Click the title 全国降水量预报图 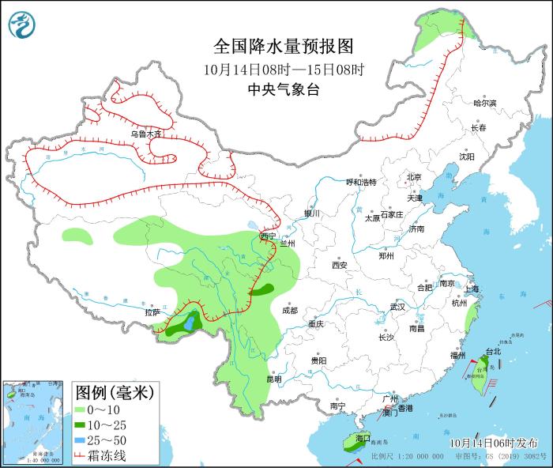coord(283,46)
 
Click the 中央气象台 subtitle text coord(283,89)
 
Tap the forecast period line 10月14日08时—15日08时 coord(283,69)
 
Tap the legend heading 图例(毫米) coord(115,391)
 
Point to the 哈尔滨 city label coord(484,104)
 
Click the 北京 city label coord(414,177)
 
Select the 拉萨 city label coord(152,312)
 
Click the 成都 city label coord(290,310)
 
